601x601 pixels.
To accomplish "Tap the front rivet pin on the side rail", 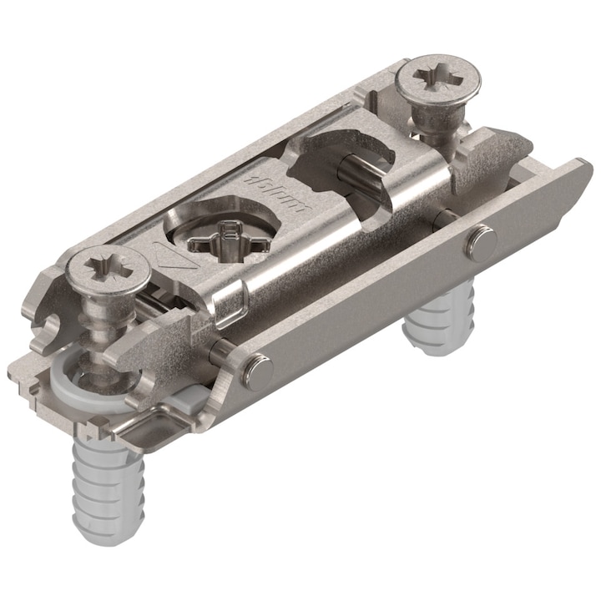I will coord(256,370).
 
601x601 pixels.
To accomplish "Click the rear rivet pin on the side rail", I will coord(482,242).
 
